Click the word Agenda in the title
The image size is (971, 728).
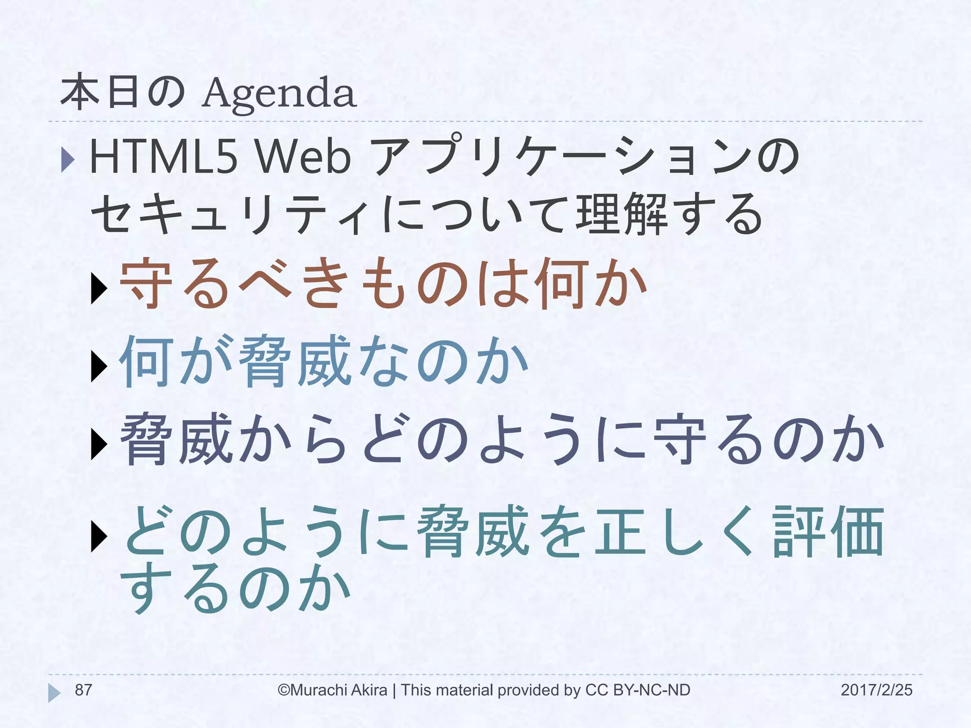[279, 93]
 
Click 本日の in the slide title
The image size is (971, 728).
[123, 92]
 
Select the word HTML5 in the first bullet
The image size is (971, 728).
[163, 157]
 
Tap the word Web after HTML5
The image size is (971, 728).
[303, 157]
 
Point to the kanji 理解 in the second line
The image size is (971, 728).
[622, 214]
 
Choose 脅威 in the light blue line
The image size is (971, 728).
[294, 361]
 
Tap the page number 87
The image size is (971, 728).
[83, 690]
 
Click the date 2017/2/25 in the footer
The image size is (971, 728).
[876, 690]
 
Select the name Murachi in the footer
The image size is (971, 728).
[319, 690]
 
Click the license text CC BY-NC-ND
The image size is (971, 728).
[638, 690]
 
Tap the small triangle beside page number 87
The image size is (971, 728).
[54, 693]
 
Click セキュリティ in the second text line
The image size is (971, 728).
[232, 214]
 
